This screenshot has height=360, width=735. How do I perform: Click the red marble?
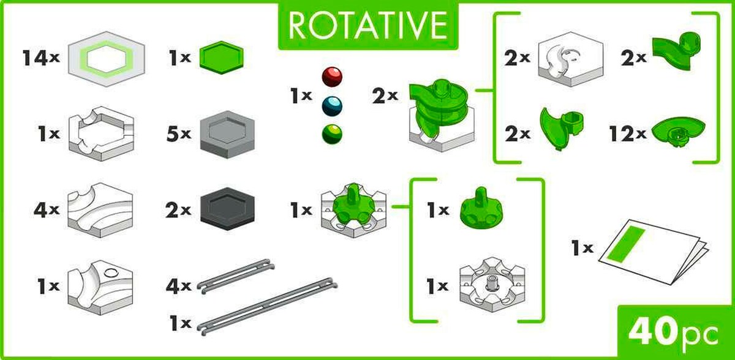pyautogui.click(x=332, y=77)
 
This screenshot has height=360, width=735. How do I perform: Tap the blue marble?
pyautogui.click(x=332, y=106)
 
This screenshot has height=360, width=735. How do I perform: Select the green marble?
pyautogui.click(x=332, y=134)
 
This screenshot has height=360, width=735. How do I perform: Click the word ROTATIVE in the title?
pyautogui.click(x=367, y=26)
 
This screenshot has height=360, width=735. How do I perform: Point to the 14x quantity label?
pyautogui.click(x=41, y=58)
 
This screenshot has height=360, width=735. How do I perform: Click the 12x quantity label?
pyautogui.click(x=628, y=133)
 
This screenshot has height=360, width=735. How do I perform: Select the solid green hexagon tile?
pyautogui.click(x=222, y=58)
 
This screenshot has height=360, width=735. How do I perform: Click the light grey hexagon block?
pyautogui.click(x=227, y=135)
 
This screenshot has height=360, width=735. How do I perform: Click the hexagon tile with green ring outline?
pyautogui.click(x=107, y=59)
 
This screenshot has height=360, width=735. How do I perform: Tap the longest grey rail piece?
pyautogui.click(x=268, y=306)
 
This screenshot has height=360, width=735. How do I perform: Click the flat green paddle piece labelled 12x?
pyautogui.click(x=678, y=132)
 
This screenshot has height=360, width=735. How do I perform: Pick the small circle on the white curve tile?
pyautogui.click(x=111, y=272)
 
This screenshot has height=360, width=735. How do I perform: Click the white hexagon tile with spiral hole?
pyautogui.click(x=571, y=59)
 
